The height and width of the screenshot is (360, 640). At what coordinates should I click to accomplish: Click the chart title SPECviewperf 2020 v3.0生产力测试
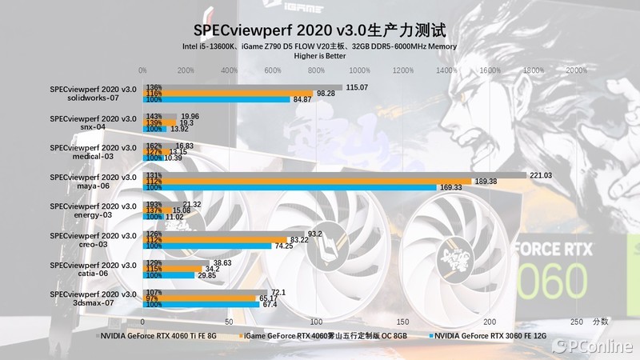(x=320, y=30)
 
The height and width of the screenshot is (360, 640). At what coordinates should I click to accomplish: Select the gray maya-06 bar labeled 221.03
(x=334, y=175)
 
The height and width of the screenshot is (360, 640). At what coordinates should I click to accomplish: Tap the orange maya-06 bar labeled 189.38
(x=307, y=182)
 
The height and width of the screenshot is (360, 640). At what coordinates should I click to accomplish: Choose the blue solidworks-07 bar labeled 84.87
(x=216, y=99)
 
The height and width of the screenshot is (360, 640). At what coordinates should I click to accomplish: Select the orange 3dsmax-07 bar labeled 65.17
(x=199, y=298)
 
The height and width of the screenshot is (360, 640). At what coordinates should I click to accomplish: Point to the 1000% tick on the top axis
(x=360, y=71)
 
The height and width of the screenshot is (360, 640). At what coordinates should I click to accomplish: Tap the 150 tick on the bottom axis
(x=403, y=322)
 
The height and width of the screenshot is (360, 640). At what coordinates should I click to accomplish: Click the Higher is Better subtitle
(x=320, y=57)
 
